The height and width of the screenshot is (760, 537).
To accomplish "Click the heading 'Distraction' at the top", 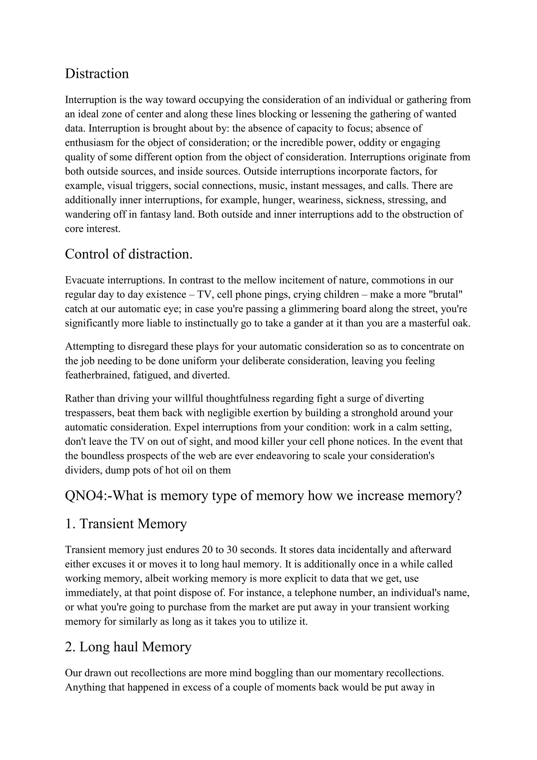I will click(x=97, y=73).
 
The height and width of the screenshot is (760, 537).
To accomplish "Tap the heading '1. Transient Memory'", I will click(x=126, y=524).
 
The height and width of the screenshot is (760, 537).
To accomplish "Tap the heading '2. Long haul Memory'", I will click(x=128, y=647).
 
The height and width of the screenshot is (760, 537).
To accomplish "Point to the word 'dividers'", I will click(x=83, y=470).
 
